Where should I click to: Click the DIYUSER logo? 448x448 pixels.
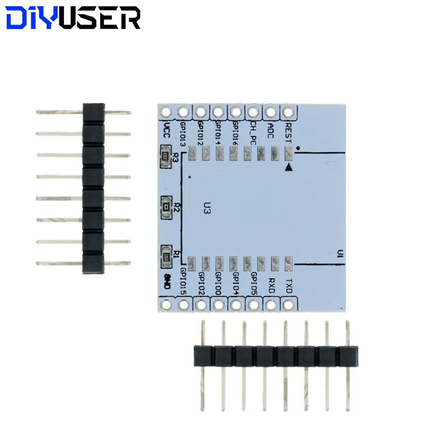(73, 18)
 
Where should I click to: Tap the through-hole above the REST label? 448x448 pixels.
(288, 111)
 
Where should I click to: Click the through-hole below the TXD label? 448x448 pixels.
(288, 305)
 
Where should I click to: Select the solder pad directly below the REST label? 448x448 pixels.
(288, 152)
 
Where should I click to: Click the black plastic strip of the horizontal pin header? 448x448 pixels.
(276, 356)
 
